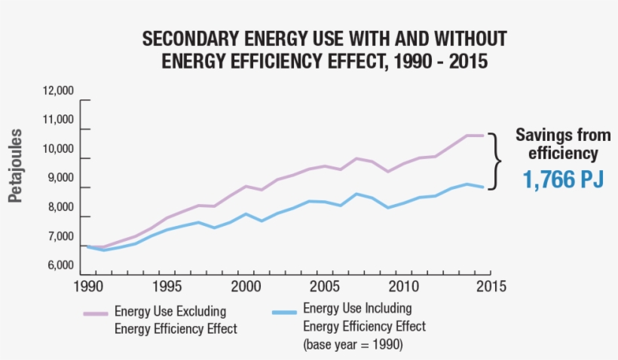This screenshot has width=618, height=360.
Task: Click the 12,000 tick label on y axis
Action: [60, 91]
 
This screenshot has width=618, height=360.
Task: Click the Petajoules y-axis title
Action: [16, 166]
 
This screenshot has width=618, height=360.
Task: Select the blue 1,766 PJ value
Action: [564, 181]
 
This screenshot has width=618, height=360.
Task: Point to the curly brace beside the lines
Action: [494, 161]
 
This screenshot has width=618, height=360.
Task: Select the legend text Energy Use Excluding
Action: [170, 311]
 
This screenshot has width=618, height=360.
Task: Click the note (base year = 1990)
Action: [352, 345]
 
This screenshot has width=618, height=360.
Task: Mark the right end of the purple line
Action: [482, 136]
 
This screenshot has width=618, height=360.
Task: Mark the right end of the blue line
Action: [482, 188]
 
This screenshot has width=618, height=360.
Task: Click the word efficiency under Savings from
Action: [564, 154]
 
